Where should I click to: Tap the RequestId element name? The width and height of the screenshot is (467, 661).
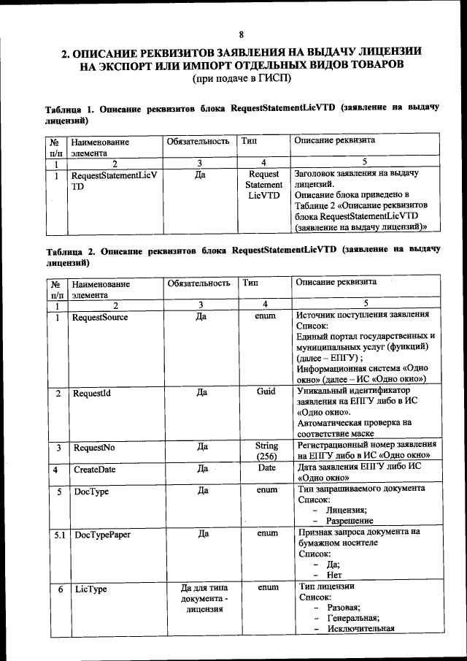(x=91, y=393)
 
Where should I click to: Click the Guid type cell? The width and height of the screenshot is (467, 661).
(x=266, y=391)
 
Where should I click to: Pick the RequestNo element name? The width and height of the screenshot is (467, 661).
(x=93, y=447)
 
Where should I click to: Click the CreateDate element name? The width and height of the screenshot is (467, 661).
(x=94, y=470)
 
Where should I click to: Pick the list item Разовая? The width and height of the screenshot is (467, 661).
(x=343, y=608)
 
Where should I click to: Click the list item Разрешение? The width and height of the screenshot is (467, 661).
(x=350, y=521)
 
